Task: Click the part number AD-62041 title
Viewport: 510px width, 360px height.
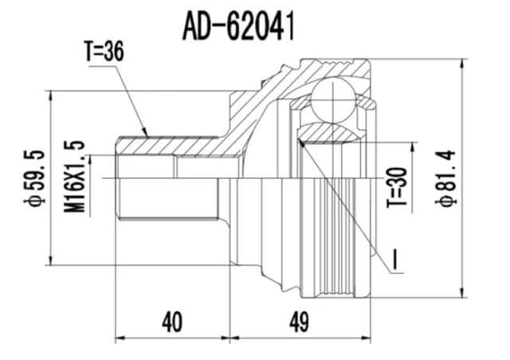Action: click(x=240, y=25)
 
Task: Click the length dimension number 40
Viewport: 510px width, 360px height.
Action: click(x=171, y=322)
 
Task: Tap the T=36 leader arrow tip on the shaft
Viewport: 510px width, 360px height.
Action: click(x=147, y=135)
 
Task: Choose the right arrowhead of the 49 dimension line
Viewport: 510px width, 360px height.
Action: click(x=369, y=338)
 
